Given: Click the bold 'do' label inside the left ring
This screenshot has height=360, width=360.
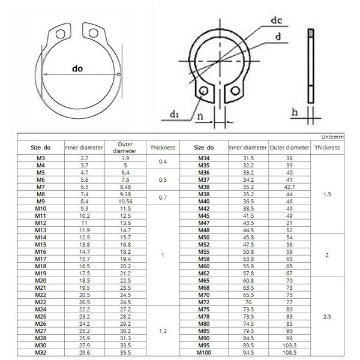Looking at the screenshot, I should [x=77, y=69].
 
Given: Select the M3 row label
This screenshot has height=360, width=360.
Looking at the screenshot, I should [x=41, y=158].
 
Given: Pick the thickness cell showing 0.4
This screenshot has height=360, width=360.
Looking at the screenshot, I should [x=163, y=161].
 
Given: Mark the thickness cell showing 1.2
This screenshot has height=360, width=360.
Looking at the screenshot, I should [x=163, y=331].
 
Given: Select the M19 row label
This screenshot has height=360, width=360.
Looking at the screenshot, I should [x=41, y=274].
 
